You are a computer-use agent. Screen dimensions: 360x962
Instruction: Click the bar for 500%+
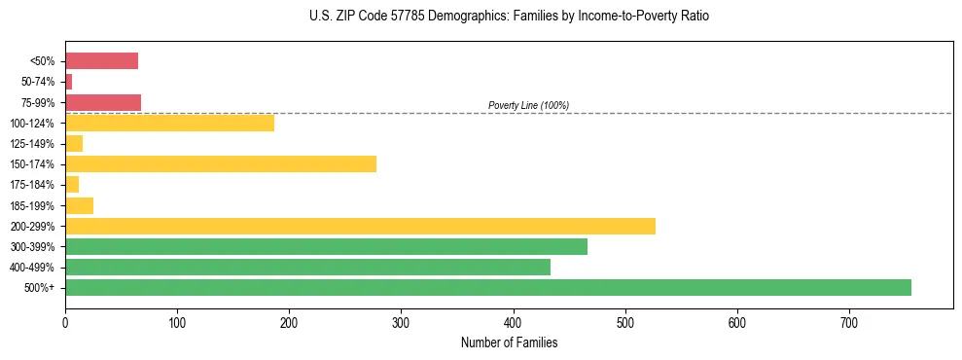click(x=487, y=287)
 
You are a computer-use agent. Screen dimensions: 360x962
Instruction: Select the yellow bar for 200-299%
click(x=360, y=226)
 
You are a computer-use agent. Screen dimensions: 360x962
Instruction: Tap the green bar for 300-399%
click(x=326, y=246)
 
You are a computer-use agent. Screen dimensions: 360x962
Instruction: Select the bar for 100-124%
click(x=169, y=123)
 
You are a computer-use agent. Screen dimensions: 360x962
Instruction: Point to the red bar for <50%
click(x=101, y=61)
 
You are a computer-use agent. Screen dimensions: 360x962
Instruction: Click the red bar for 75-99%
click(x=103, y=102)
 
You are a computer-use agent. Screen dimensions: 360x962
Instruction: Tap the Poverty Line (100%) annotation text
click(x=528, y=105)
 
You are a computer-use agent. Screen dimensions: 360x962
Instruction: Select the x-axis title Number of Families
click(x=509, y=342)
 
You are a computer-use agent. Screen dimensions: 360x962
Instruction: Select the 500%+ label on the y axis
click(x=41, y=288)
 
